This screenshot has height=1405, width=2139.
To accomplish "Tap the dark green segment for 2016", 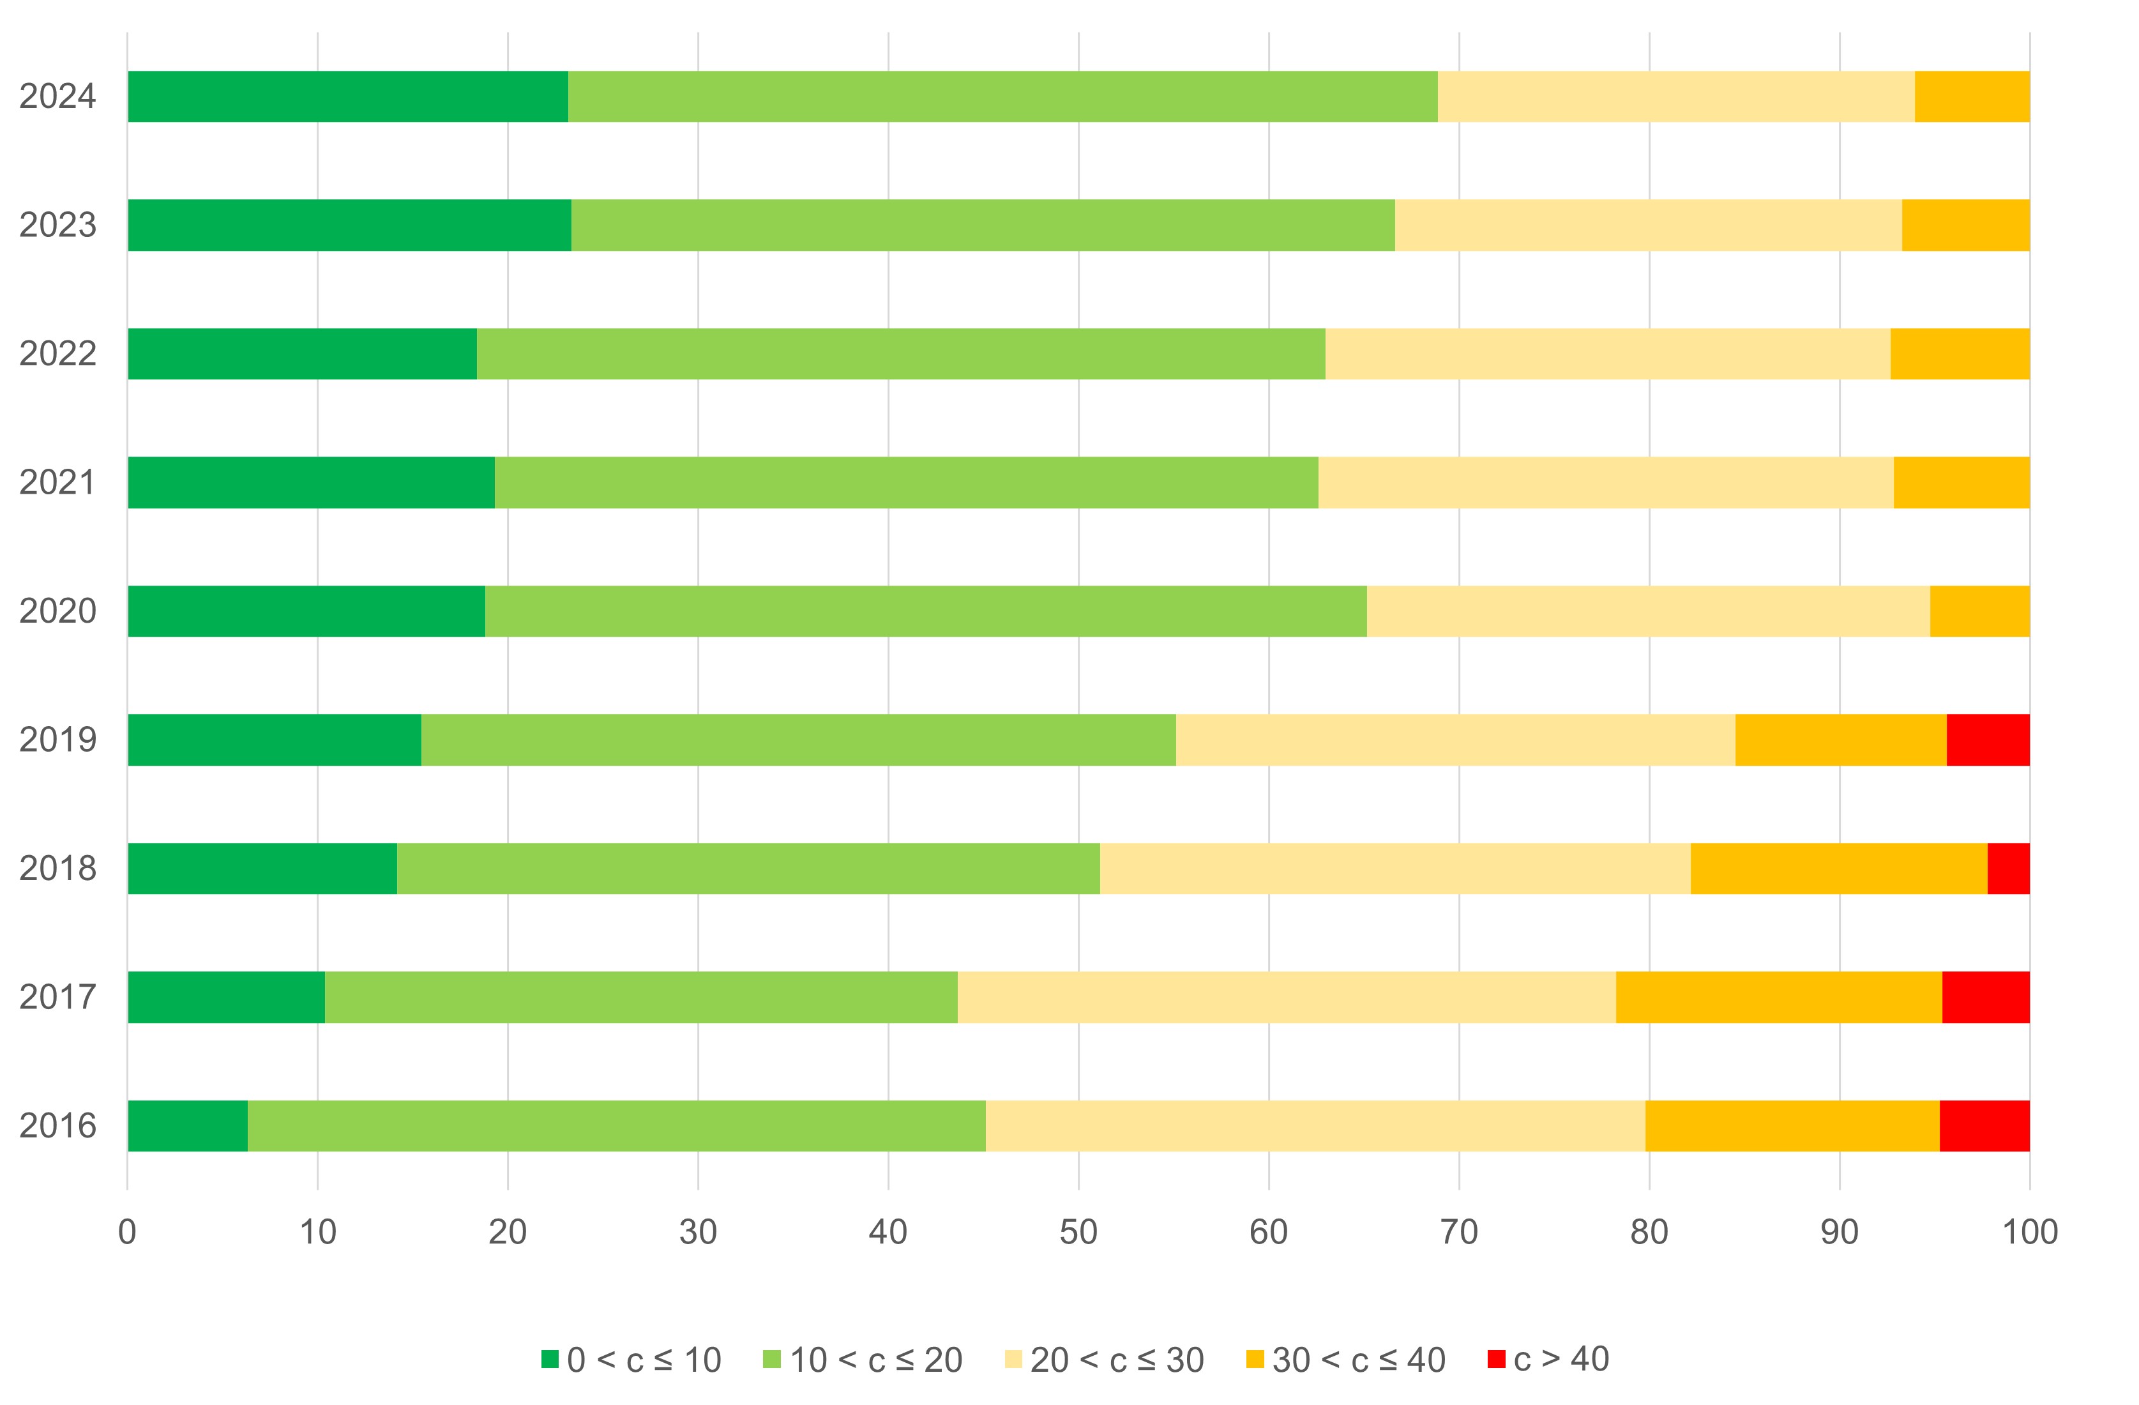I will [x=187, y=1125].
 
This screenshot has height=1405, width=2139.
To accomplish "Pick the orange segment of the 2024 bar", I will [x=1971, y=96].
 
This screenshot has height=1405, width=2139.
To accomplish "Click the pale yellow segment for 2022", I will [x=1607, y=353].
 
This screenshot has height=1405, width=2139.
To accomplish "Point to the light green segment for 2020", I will [x=926, y=611].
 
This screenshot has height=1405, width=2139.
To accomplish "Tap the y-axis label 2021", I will [x=57, y=483].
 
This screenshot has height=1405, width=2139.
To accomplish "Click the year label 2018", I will [x=57, y=869].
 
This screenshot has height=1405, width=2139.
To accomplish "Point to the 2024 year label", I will [x=57, y=96].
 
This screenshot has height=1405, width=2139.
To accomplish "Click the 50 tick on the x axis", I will [x=1078, y=1231].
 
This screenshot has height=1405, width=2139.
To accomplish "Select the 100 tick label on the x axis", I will [x=2029, y=1231].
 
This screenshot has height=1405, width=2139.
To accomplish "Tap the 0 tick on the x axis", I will [x=128, y=1231].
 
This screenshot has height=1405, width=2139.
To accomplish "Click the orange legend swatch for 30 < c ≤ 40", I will [x=1255, y=1358].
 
